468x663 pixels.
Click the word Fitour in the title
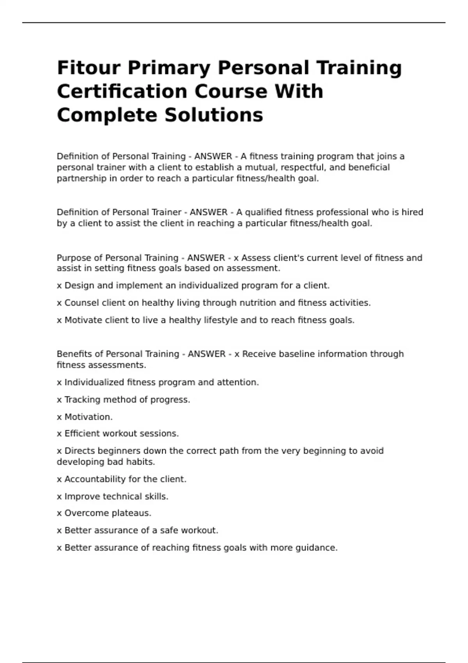pos(89,68)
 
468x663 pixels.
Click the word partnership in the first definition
pos(82,179)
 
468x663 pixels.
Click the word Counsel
pos(82,303)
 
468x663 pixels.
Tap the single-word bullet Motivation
pos(88,417)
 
